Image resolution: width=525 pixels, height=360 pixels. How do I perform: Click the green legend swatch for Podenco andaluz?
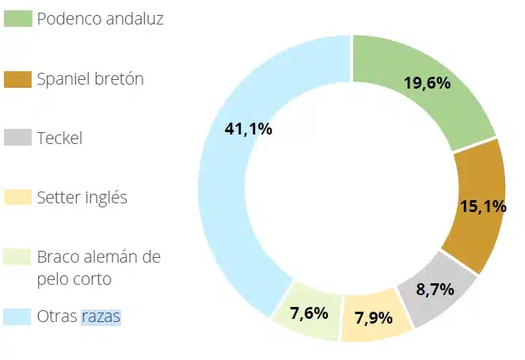[x=17, y=18]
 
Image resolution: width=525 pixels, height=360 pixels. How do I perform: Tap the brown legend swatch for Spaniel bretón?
[x=17, y=78]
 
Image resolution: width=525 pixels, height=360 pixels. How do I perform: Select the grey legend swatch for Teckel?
[x=17, y=138]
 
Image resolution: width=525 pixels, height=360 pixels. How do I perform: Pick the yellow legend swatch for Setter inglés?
[x=17, y=197]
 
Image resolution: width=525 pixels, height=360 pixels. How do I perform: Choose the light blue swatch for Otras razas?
[x=17, y=316]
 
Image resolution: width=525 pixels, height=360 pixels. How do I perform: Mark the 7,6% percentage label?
[x=309, y=313]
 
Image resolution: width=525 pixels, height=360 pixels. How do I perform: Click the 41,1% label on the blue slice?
[x=248, y=129]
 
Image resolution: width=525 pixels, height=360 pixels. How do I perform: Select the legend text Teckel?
[x=59, y=138]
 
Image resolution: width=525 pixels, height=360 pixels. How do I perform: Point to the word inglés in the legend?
[x=107, y=198]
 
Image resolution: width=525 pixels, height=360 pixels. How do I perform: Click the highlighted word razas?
[x=101, y=316]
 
